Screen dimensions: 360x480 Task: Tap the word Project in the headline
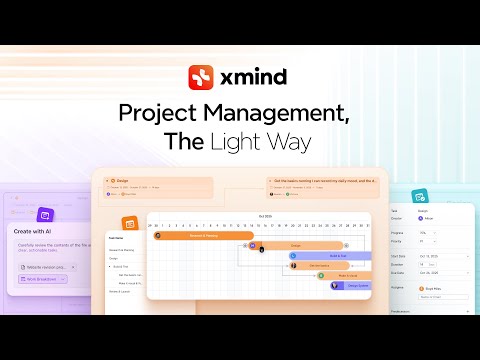[163, 113]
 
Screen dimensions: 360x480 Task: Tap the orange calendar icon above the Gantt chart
[130, 223]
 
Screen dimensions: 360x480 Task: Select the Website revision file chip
[46, 266]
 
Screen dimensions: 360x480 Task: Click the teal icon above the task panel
[421, 196]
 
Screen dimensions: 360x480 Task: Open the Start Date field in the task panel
[439, 256]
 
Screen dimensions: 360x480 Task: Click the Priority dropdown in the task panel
[439, 241]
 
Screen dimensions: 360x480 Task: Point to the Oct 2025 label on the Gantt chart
[266, 215]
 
